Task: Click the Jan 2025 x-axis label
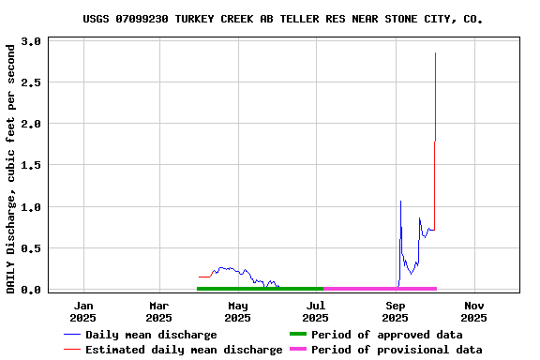[x=83, y=311]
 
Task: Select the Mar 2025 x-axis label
[x=158, y=311]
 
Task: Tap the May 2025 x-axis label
[x=237, y=311]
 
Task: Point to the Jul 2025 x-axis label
[x=316, y=311]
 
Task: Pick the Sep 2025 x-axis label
[x=396, y=311]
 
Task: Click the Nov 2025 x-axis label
[x=473, y=311]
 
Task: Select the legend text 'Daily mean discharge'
[x=151, y=335]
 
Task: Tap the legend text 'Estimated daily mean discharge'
[x=184, y=350]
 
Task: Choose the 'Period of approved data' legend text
[x=386, y=335]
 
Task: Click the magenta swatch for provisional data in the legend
[x=297, y=350]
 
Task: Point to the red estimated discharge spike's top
[x=435, y=53]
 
